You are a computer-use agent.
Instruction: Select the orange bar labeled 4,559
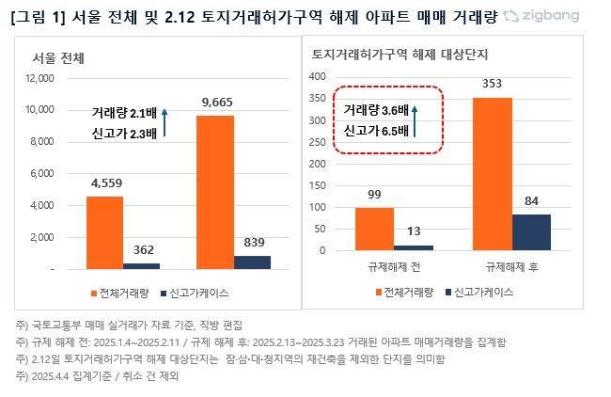pyautogui.click(x=104, y=232)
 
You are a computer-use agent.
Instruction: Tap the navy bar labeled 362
pyautogui.click(x=142, y=265)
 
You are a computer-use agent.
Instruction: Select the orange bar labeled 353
pyautogui.click(x=492, y=174)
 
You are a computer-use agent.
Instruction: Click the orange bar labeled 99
pyautogui.click(x=374, y=229)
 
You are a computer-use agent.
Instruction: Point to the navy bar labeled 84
pyautogui.click(x=531, y=232)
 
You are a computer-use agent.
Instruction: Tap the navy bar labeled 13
pyautogui.click(x=414, y=247)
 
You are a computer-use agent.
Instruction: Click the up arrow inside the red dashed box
pyautogui.click(x=415, y=120)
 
